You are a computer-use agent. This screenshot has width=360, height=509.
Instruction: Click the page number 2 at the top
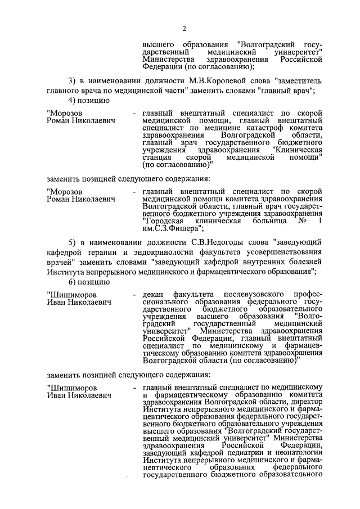184,29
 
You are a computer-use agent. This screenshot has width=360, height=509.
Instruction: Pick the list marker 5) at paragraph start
73,242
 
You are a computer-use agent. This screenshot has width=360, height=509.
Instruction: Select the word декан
154,295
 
